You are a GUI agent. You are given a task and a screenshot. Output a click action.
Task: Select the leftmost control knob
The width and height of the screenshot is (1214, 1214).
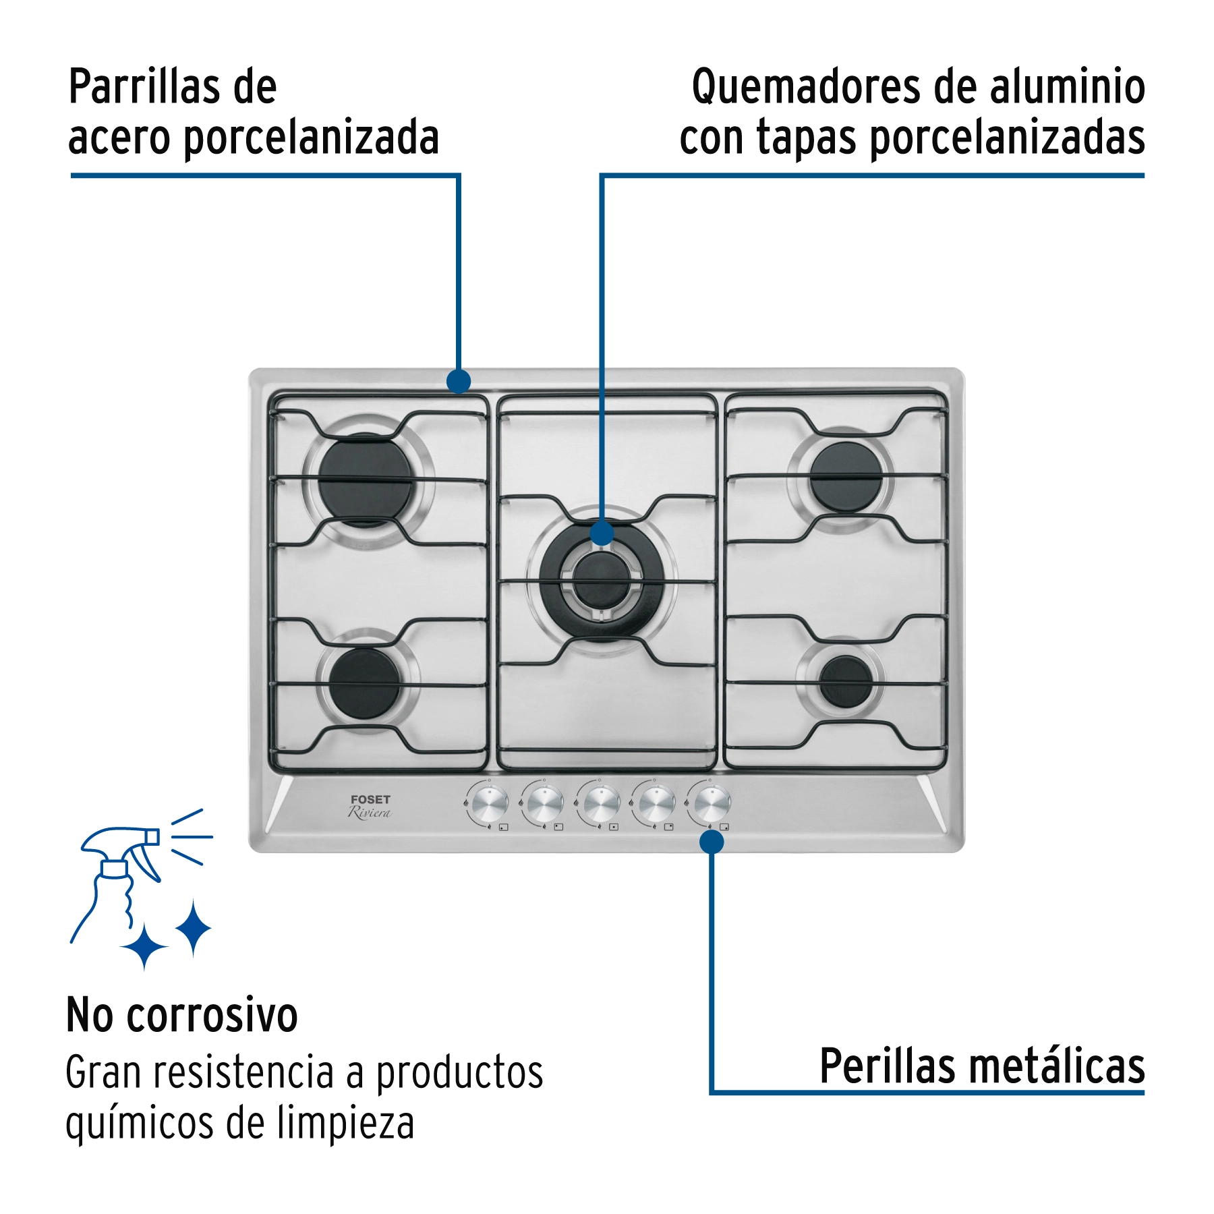(x=488, y=803)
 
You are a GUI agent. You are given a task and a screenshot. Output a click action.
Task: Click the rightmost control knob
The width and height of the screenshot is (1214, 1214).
(x=711, y=803)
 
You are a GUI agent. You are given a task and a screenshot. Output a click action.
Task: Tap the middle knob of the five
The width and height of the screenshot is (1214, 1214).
(x=600, y=803)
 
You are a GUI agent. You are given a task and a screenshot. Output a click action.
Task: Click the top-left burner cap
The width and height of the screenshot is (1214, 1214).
(x=365, y=480)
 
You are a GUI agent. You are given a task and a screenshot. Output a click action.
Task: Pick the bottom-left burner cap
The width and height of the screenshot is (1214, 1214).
(x=365, y=684)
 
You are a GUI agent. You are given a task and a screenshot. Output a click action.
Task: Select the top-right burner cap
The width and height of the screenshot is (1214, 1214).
(x=845, y=477)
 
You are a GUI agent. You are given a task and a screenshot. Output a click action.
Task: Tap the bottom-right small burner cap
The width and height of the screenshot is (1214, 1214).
(x=845, y=681)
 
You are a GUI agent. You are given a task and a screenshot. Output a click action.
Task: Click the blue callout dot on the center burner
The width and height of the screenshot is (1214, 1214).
(x=602, y=533)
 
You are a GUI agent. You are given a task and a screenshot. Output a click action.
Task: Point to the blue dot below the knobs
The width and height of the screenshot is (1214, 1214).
(x=712, y=842)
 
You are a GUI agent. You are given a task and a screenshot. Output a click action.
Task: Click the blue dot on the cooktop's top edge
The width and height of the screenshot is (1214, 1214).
(x=459, y=381)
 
